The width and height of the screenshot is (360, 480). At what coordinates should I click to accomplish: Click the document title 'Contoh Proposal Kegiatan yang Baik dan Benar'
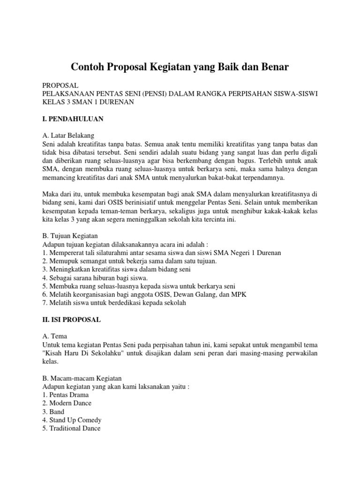click(180, 67)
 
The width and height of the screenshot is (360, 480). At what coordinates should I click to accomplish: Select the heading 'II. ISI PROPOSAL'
click(71, 320)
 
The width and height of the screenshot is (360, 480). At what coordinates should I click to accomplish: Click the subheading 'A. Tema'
click(55, 336)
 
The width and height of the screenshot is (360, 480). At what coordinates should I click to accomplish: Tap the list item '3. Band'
click(53, 412)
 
